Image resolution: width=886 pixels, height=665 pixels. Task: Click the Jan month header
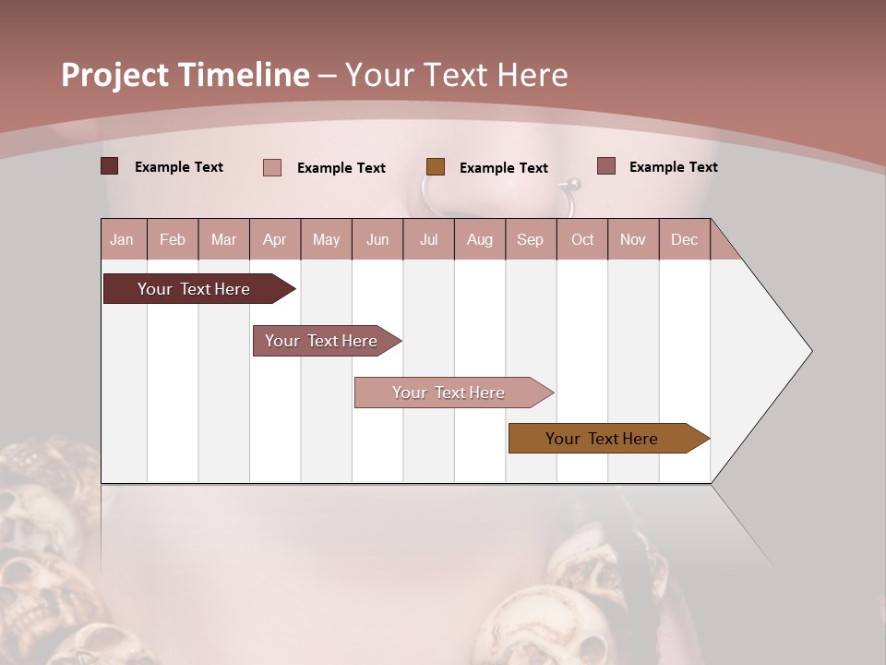[x=123, y=239]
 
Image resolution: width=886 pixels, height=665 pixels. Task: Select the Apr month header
[x=275, y=239]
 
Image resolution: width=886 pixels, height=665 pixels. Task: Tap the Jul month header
[x=428, y=239]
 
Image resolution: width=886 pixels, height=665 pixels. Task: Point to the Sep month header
[x=530, y=239]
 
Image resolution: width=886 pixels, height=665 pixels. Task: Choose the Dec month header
[x=684, y=239]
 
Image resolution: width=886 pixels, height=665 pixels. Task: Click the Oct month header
[x=581, y=239]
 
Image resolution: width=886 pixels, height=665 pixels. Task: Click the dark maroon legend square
[x=109, y=166]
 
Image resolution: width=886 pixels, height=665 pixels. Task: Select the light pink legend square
[x=271, y=167]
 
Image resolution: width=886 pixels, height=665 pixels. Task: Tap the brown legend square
[x=436, y=167]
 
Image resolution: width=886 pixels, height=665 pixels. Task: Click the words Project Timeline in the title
[x=186, y=75]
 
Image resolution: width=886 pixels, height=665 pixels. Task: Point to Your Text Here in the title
[x=456, y=75]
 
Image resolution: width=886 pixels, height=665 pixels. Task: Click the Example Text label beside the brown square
[x=504, y=168]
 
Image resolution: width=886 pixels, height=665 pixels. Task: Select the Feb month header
[x=173, y=239]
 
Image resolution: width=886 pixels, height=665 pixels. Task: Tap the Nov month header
[x=632, y=239]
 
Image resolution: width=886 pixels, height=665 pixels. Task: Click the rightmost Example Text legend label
[x=673, y=167]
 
